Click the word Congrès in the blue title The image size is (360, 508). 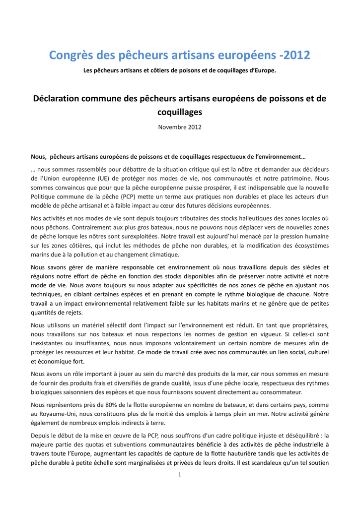[72, 56]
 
